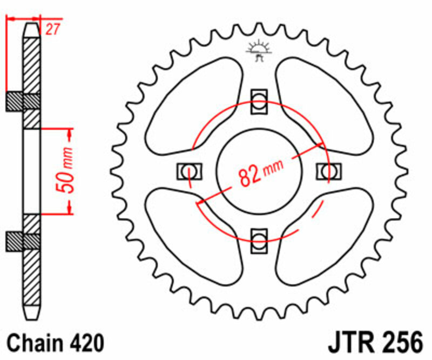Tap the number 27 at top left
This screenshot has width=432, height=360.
[52, 30]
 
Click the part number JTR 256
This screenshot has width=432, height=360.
[373, 343]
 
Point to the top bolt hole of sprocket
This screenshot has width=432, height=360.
[259, 101]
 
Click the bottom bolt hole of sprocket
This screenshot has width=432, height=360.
[259, 238]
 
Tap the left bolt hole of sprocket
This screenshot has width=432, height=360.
[189, 171]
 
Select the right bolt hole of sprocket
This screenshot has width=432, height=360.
[328, 171]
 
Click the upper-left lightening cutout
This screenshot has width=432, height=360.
[194, 103]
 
